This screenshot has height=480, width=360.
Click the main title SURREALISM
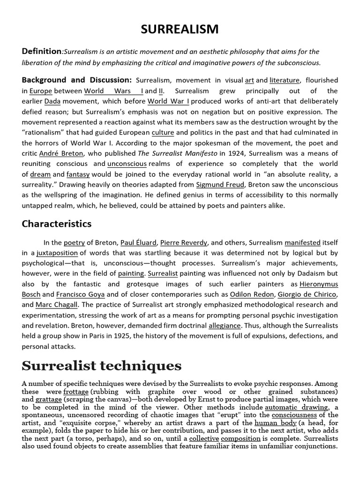(x=180, y=30)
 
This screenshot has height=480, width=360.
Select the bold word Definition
(x=42, y=51)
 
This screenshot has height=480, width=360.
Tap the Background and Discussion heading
(x=77, y=80)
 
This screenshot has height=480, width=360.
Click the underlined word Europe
(x=41, y=91)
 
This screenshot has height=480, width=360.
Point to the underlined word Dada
(x=53, y=101)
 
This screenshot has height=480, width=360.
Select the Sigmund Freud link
(x=220, y=184)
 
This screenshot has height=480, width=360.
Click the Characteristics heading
(x=57, y=224)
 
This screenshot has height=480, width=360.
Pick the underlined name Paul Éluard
(x=138, y=243)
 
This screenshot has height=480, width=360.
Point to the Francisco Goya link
(x=81, y=294)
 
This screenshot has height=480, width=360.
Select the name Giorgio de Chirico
(x=307, y=294)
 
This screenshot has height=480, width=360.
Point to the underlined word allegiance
(x=225, y=325)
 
